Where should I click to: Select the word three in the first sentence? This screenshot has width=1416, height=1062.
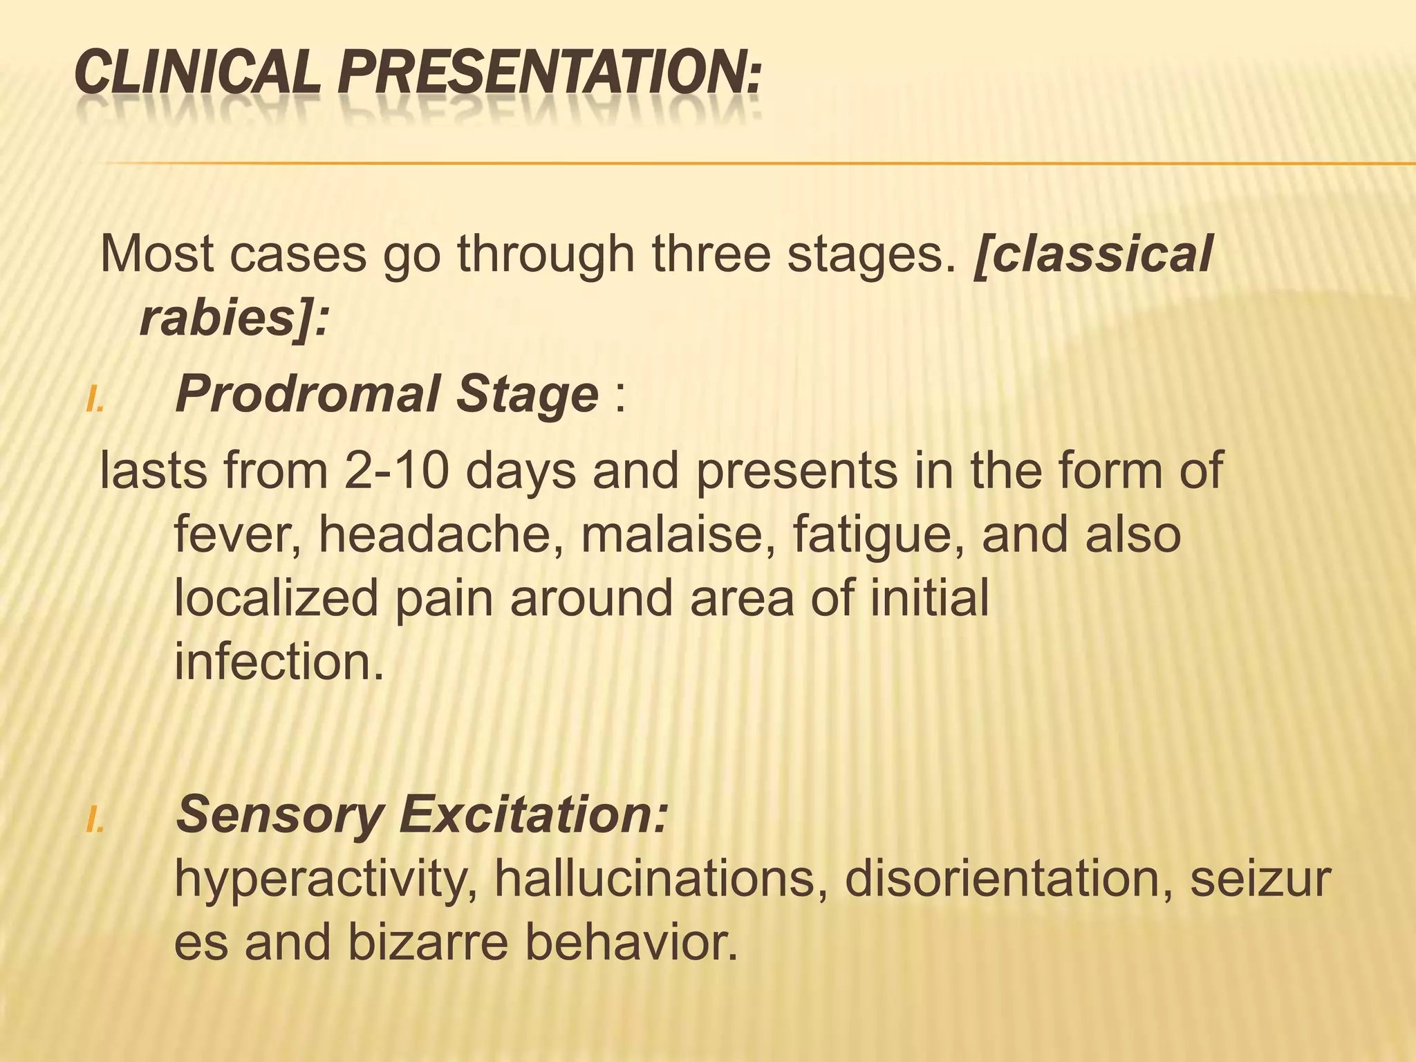711,254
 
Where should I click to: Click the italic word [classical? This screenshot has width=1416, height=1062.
1092,254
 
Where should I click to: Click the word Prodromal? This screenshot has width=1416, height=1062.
308,395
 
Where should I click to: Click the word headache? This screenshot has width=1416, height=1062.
440,535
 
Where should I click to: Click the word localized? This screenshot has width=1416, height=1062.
276,599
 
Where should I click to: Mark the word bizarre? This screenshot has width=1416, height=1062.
428,943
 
